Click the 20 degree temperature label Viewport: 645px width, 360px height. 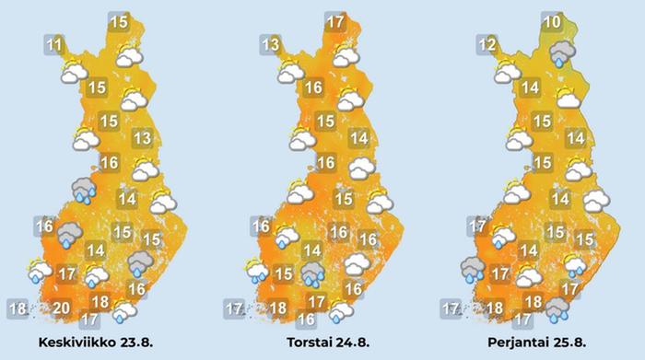click(x=61, y=308)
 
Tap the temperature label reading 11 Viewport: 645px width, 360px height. click(x=54, y=44)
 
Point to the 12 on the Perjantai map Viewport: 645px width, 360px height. click(x=487, y=45)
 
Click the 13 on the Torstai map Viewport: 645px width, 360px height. click(x=270, y=45)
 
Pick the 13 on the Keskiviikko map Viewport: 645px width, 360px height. click(x=141, y=139)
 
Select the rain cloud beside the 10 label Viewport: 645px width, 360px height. click(x=560, y=54)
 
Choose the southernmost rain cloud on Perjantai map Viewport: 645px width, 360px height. click(x=556, y=310)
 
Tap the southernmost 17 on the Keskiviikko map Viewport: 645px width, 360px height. click(x=89, y=320)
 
